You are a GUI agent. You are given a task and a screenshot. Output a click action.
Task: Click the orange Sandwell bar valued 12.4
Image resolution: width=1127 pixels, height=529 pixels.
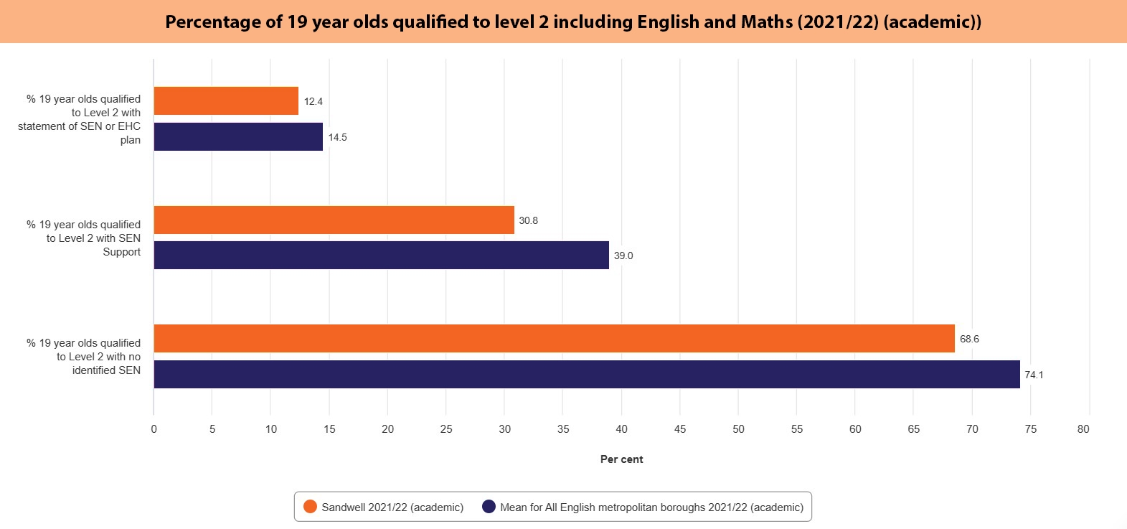[x=226, y=101]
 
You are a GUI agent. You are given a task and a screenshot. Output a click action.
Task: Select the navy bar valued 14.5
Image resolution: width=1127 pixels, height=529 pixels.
[x=238, y=137]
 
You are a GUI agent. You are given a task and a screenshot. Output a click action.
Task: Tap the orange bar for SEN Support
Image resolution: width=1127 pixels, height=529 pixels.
[x=334, y=220]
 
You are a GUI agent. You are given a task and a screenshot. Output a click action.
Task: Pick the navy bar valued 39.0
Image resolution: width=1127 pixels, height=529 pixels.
[x=381, y=256]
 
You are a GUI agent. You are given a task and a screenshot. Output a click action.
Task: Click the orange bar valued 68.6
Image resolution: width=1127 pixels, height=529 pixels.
[x=554, y=339]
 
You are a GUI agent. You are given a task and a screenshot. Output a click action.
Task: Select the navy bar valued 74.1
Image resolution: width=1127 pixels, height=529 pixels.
[x=586, y=375]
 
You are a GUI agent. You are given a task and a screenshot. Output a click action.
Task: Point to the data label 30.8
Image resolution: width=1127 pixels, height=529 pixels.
[x=528, y=220]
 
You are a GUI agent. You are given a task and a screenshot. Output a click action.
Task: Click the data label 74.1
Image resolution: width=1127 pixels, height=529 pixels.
[x=1034, y=375]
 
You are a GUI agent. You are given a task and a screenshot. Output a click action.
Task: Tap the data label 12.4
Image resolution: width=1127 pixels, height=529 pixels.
[x=313, y=101]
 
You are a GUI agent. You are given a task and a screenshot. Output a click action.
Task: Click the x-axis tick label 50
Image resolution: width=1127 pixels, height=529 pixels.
[x=738, y=429]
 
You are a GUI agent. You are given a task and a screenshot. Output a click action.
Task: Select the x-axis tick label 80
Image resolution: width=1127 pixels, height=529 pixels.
[x=1083, y=429]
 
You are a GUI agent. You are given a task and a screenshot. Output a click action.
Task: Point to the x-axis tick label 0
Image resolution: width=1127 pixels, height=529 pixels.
[x=154, y=429]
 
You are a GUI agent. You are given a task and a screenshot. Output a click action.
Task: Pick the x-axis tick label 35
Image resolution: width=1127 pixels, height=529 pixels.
[x=563, y=429]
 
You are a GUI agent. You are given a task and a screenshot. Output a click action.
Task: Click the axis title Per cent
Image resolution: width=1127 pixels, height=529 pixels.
[x=621, y=459]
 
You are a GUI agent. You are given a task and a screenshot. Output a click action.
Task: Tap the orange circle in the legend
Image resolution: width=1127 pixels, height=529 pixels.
[x=310, y=507]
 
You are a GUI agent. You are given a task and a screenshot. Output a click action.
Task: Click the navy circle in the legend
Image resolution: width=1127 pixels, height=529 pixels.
[x=489, y=507]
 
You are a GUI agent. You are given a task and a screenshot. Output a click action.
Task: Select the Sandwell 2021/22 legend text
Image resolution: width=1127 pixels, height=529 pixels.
[x=392, y=507]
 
